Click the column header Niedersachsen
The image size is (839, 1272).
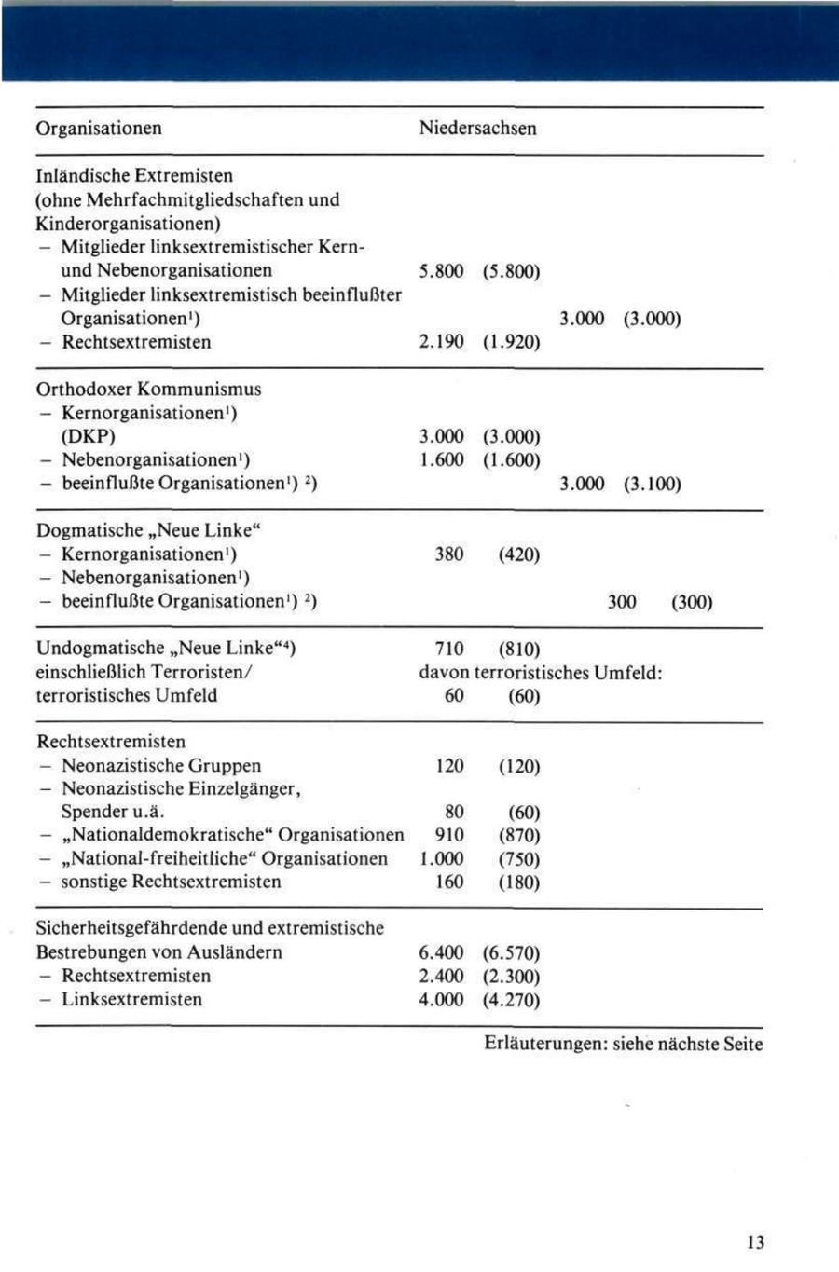click(477, 129)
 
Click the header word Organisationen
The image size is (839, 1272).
click(99, 129)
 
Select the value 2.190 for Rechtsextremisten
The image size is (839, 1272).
click(442, 342)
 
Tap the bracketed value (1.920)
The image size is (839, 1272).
click(512, 342)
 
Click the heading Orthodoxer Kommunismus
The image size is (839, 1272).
click(148, 390)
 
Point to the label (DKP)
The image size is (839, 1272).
click(89, 437)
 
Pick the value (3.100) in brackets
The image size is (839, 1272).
click(652, 485)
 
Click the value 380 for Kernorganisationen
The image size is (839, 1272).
click(449, 554)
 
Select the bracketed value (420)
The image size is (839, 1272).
click(518, 554)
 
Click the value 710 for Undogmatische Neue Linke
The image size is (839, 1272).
click(449, 649)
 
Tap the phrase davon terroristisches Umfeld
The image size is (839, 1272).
click(541, 672)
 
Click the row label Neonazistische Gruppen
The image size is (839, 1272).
click(160, 766)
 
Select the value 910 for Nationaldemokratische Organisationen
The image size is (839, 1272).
click(449, 836)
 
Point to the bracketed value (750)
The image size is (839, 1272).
click(518, 859)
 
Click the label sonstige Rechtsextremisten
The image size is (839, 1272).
click(171, 882)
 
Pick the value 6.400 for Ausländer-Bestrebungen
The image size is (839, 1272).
click(442, 952)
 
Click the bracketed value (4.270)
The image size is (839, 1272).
click(512, 1000)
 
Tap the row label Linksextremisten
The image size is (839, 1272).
click(131, 1000)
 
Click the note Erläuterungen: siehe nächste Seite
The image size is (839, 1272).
click(623, 1044)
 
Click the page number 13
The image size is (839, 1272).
click(755, 1242)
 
